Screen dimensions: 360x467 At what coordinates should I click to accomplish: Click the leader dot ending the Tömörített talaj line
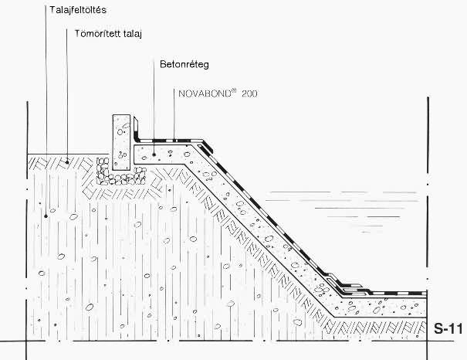pyautogui.click(x=67, y=161)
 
